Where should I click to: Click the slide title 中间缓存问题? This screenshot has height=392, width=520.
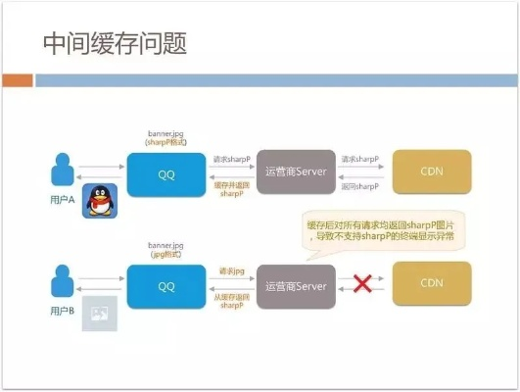115,44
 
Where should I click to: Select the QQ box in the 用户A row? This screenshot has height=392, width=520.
165,172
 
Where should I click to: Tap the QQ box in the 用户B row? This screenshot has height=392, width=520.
165,285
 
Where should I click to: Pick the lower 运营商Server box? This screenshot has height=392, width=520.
296,285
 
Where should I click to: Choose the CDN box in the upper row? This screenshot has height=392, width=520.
431,171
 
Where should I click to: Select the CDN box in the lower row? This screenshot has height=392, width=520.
431,284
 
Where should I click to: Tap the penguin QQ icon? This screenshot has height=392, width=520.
99,202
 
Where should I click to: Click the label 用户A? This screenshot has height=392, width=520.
63,199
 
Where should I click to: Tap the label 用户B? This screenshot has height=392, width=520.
63,311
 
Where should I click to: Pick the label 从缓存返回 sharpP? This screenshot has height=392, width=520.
231,300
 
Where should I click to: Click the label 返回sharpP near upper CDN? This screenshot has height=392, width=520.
360,186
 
